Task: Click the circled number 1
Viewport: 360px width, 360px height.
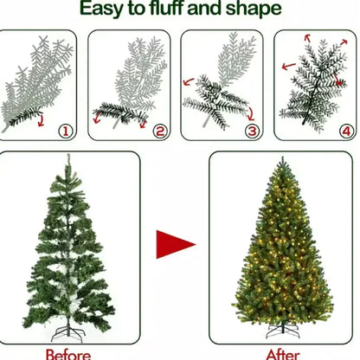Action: [x=66, y=132]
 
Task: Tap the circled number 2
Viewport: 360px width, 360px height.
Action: [x=160, y=132]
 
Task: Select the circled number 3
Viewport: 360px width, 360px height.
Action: [x=253, y=132]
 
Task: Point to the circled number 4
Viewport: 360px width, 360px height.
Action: [x=346, y=132]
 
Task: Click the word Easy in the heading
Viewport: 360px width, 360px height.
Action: [x=101, y=9]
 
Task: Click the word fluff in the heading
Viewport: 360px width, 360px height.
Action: [x=166, y=8]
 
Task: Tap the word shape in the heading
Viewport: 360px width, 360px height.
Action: [x=254, y=10]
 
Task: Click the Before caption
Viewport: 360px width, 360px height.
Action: [x=68, y=355]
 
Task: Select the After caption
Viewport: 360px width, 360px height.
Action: [x=282, y=355]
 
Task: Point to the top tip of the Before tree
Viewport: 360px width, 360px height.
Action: [x=68, y=154]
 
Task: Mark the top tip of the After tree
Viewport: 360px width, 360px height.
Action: [x=282, y=157]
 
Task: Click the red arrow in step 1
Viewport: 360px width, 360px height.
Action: [x=42, y=120]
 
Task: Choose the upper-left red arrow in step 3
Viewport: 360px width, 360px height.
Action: [x=189, y=82]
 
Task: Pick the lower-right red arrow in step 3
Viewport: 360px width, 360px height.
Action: [x=250, y=114]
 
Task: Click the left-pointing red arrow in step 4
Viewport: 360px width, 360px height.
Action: [x=288, y=67]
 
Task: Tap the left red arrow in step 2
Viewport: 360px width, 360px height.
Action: [x=97, y=118]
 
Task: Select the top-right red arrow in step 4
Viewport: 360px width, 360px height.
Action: [x=344, y=42]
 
